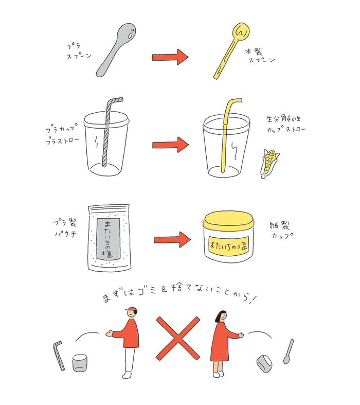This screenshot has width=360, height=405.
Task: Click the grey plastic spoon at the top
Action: [x=116, y=50]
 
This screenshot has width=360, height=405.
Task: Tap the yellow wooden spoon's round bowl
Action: [x=241, y=31]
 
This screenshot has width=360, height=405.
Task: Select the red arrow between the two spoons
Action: [x=170, y=57]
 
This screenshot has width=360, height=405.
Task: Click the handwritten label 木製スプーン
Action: [x=260, y=56]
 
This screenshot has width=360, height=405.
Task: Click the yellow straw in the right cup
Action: [x=227, y=134]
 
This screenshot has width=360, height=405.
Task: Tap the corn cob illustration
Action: [x=269, y=163]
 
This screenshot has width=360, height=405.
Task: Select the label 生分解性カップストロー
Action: [x=286, y=124]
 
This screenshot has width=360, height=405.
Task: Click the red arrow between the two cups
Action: [x=170, y=145]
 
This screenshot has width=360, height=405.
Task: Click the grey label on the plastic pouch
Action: [x=109, y=239]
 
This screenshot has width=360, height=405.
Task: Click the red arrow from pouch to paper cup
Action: [x=172, y=239]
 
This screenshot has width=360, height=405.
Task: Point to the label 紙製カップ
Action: [x=281, y=230]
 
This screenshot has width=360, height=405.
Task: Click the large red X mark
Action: [x=178, y=339]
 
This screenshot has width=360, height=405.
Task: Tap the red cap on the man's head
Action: [x=131, y=310]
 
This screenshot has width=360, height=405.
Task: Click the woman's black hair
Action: [x=220, y=316]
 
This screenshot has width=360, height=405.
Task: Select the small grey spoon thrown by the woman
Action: [x=289, y=351]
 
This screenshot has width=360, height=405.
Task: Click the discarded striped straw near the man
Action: [x=59, y=356]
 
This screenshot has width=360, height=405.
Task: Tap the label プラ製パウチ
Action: [x=65, y=228]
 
